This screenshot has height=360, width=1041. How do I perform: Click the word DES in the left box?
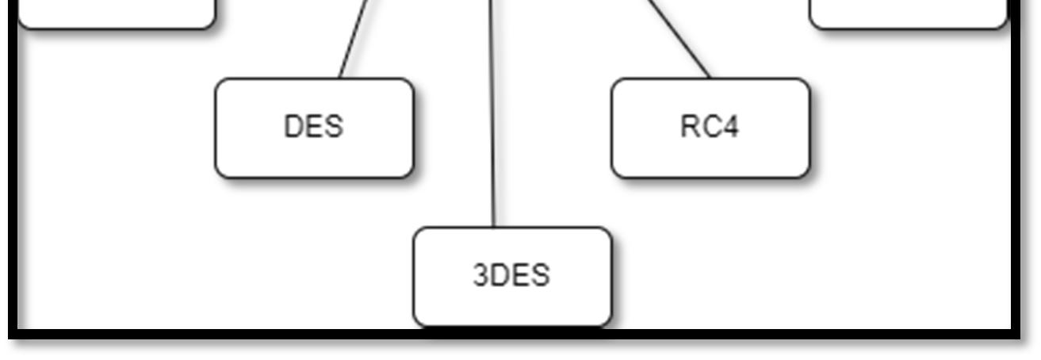point(313,127)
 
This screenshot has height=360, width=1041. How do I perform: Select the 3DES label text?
point(511,275)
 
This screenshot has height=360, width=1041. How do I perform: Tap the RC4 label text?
point(710,127)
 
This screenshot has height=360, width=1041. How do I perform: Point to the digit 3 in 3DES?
point(480,275)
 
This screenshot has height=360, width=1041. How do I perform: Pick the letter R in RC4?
point(688,127)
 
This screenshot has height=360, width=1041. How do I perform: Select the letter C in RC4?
point(710,127)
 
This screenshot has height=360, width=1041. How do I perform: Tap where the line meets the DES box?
point(340,78)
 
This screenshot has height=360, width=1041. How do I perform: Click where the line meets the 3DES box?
point(494,227)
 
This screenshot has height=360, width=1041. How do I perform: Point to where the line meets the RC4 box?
point(710,78)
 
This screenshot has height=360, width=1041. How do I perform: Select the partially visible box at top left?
point(116,13)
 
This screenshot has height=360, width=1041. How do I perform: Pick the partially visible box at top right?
point(908,13)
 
